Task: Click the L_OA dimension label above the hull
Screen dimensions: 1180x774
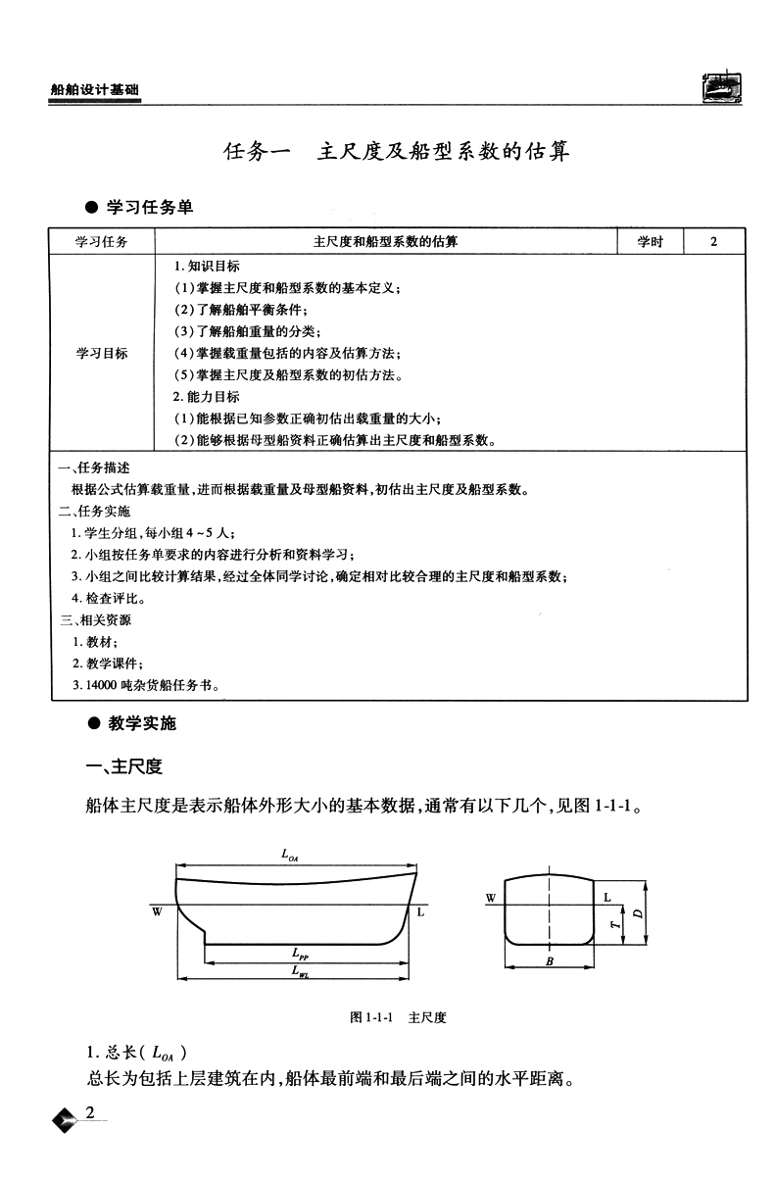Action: click(x=290, y=855)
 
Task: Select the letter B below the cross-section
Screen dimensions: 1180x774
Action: click(x=550, y=962)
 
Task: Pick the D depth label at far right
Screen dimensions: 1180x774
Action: click(x=637, y=912)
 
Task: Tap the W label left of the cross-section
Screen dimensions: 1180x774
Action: click(x=490, y=897)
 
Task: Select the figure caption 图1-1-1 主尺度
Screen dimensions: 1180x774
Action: click(x=398, y=1018)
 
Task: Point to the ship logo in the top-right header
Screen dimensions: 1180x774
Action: click(x=723, y=87)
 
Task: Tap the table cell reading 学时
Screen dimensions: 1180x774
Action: click(x=651, y=241)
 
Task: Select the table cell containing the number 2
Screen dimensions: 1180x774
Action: click(x=713, y=241)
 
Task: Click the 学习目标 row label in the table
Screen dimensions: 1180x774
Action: click(x=102, y=353)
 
